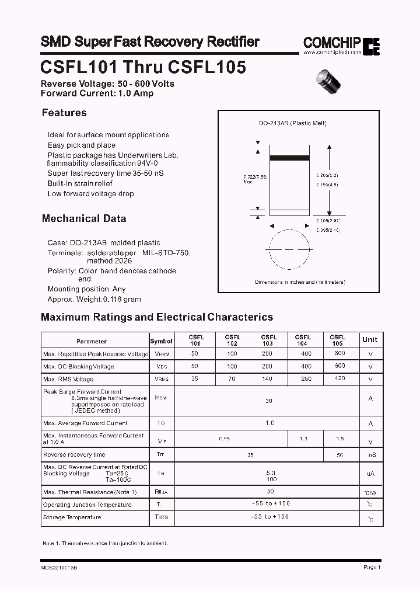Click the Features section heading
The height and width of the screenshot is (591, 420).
coord(64,113)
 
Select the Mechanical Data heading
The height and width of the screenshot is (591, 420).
coord(84,218)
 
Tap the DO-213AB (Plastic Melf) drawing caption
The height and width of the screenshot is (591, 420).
coord(292,123)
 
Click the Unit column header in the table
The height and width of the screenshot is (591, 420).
coord(370,340)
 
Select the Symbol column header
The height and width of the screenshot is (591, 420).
coord(161,341)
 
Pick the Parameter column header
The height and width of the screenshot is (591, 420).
coord(92,341)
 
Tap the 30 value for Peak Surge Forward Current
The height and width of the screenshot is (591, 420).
coord(269,401)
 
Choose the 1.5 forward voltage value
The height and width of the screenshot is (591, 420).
coord(340,439)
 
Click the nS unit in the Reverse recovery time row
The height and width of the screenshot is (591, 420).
coord(372,455)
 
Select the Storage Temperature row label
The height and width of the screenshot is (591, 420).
coord(72,517)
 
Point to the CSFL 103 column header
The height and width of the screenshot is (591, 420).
coord(269,340)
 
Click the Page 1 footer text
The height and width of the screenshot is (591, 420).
coord(372,567)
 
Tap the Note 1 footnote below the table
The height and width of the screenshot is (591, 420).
coord(105,543)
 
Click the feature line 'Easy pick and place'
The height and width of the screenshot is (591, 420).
coord(82,145)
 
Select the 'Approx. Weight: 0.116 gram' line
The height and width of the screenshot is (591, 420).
coord(94,299)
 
